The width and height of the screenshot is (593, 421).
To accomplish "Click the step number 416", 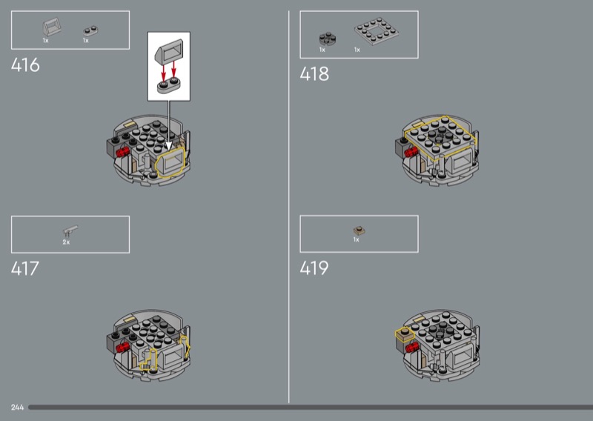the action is pos(25,65).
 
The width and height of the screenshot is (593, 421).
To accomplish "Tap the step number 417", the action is pos(25,268).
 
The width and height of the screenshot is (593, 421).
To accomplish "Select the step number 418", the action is pos(314,74).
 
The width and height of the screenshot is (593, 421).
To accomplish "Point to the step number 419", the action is pos(314,268).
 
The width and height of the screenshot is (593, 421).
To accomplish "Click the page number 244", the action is pos(17,408).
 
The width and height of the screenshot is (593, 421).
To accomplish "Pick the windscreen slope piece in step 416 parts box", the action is pos(51,27).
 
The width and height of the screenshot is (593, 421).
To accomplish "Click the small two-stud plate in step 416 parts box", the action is pos(90,30).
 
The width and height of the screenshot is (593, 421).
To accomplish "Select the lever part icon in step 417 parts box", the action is pos(70,231).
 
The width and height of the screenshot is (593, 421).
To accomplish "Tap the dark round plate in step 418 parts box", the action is pos(328,39).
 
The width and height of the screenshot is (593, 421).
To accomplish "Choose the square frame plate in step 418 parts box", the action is pos(377,31).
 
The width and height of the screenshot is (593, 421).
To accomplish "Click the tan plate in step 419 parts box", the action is pos(360,231).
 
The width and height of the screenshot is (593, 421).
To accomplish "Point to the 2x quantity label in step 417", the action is pos(66,242).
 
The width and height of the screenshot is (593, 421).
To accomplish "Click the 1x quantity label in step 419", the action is pos(357,240).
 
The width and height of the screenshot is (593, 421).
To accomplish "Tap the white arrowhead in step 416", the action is pos(169,146).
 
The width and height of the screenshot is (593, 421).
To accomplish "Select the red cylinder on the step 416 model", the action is pos(122,152).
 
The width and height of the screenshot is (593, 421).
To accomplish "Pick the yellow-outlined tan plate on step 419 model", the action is pos(405,334).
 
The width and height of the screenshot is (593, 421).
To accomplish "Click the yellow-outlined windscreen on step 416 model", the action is pos(171,162).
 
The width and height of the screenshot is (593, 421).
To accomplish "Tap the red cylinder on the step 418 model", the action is pos(411,152).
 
